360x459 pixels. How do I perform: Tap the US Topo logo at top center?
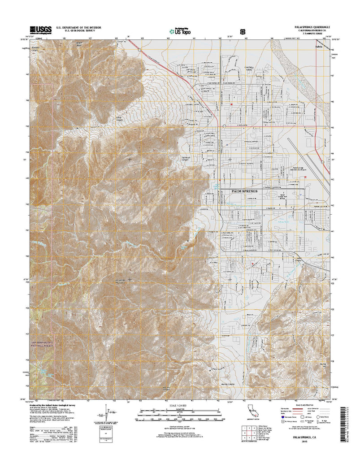click(x=180, y=30)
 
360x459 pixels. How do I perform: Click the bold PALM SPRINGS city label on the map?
click(x=245, y=191)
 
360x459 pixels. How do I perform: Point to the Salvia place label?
click(x=319, y=46)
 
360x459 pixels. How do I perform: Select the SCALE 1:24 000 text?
click(x=179, y=405)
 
